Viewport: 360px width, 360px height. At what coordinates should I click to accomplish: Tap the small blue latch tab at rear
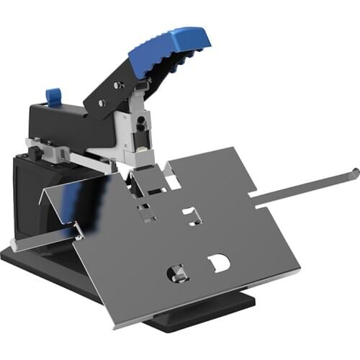(52, 95)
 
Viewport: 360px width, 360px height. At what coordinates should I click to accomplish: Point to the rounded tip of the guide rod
(354, 171)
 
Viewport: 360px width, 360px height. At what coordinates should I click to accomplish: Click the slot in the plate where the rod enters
(256, 194)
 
